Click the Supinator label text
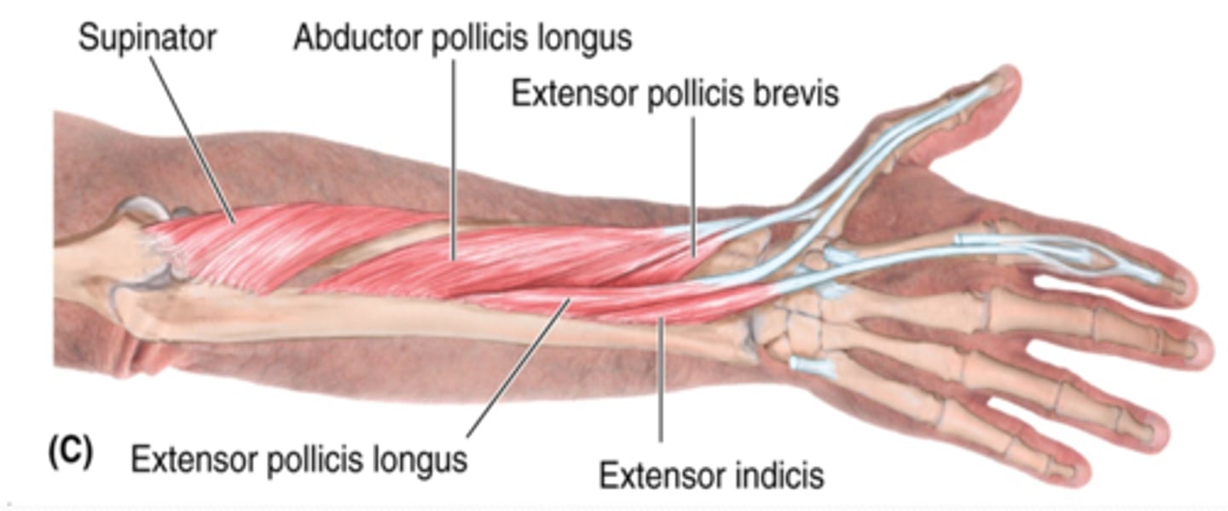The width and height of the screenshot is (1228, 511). [147, 39]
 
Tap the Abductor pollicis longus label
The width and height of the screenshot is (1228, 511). [462, 39]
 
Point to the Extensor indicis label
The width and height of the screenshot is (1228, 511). [711, 475]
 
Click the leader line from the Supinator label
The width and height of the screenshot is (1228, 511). [196, 136]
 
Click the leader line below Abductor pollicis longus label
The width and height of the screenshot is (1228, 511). [453, 154]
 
